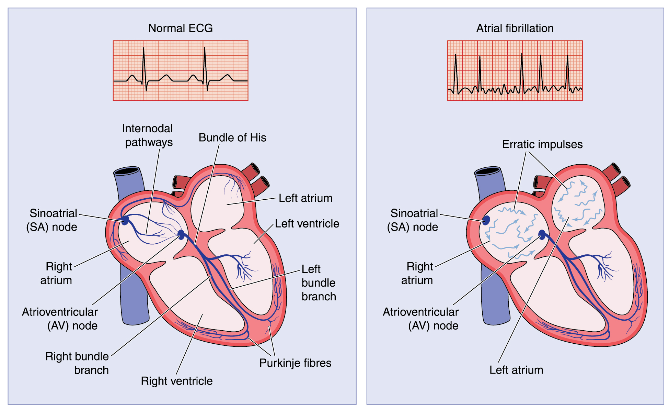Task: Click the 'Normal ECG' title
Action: (x=180, y=28)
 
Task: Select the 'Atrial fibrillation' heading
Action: (x=515, y=28)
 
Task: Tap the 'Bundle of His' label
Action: (x=232, y=137)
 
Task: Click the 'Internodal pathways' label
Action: (x=148, y=135)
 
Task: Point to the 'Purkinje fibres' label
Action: (x=295, y=363)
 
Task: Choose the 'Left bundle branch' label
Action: (x=319, y=282)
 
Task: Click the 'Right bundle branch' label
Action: (x=77, y=363)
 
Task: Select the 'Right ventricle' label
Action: (x=176, y=381)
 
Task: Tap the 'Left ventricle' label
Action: (x=307, y=223)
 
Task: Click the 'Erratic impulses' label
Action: (x=542, y=144)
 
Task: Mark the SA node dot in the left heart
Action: (x=125, y=220)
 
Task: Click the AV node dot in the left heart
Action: (x=181, y=235)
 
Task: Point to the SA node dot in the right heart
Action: (x=486, y=220)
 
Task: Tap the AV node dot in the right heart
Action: (x=542, y=235)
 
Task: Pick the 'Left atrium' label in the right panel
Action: (x=516, y=370)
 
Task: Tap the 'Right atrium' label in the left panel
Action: (x=57, y=273)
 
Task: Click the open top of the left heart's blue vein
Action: (x=127, y=171)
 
